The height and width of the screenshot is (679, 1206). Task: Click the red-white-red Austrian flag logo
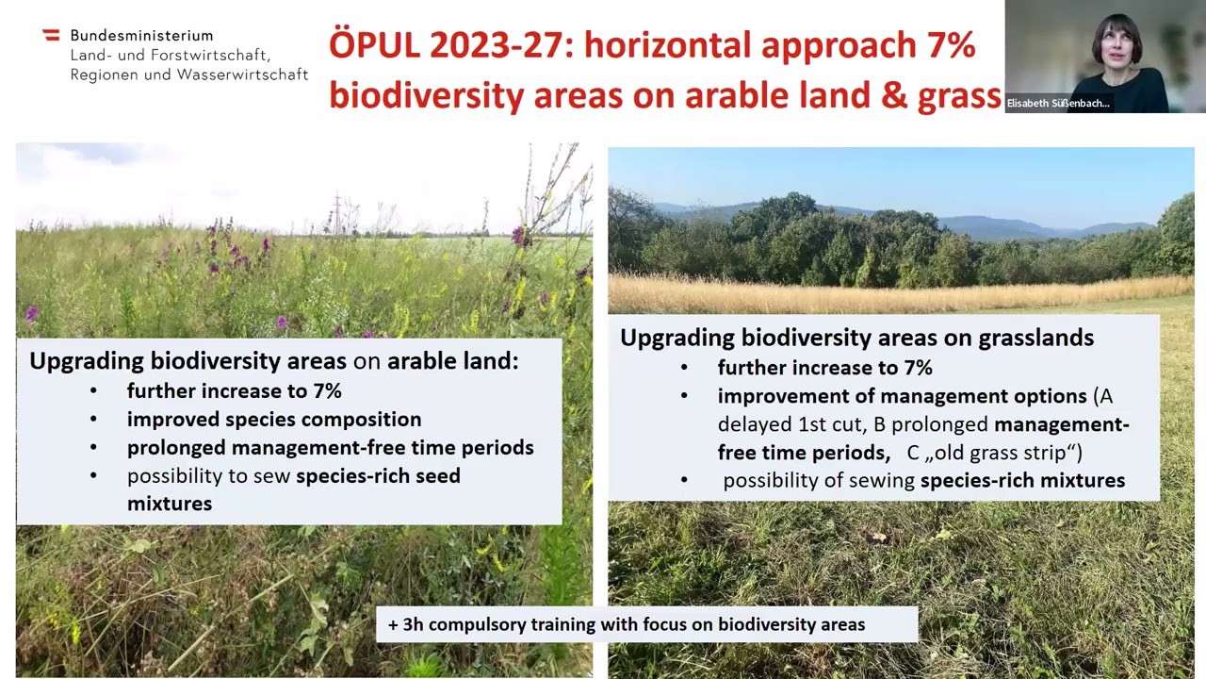(x=51, y=35)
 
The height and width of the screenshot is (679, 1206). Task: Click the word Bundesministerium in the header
(x=141, y=36)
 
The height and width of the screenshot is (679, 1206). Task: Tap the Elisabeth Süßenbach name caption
(x=1058, y=103)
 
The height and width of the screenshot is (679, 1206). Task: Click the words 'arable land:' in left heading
(x=452, y=361)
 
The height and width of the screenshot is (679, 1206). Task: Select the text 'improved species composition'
(x=274, y=419)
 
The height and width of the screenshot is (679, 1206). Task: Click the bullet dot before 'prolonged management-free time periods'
(x=92, y=448)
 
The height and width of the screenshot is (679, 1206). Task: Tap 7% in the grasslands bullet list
(x=913, y=368)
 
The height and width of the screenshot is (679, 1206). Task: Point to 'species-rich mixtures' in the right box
(x=1022, y=480)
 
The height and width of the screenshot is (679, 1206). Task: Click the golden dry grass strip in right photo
(x=895, y=293)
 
